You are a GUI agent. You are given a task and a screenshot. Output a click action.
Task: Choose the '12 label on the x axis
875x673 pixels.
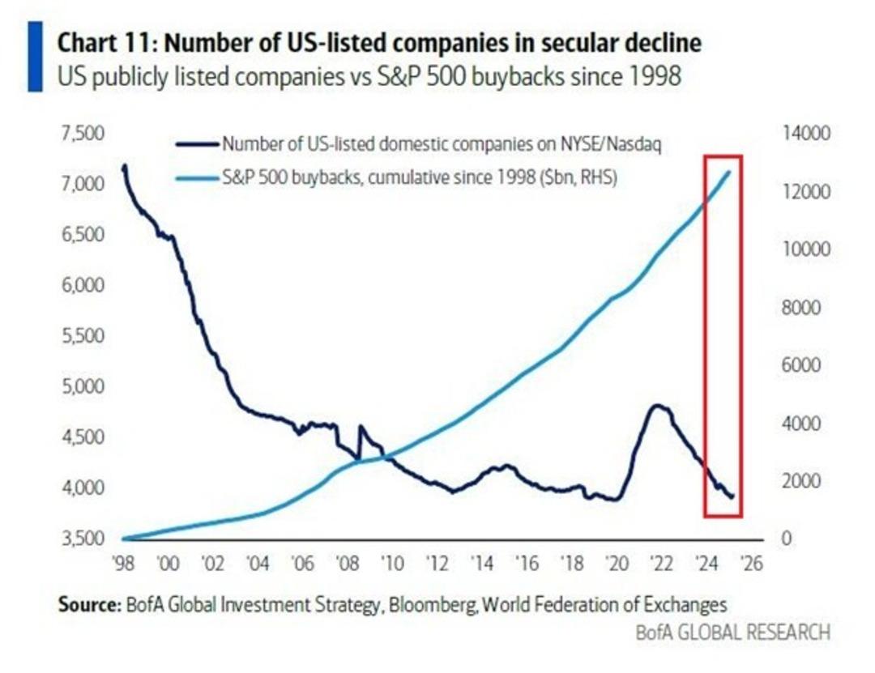437,564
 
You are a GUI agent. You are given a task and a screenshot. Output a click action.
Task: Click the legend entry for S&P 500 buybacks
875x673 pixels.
419,179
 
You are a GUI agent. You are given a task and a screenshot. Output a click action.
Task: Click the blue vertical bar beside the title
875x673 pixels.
35,57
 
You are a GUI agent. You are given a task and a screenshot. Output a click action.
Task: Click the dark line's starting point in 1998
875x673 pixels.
124,166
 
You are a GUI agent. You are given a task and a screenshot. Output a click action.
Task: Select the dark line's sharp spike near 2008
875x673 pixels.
360,426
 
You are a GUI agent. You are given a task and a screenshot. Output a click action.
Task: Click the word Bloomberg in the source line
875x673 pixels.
455,605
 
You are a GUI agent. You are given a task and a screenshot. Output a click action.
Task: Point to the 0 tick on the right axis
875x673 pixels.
785,539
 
